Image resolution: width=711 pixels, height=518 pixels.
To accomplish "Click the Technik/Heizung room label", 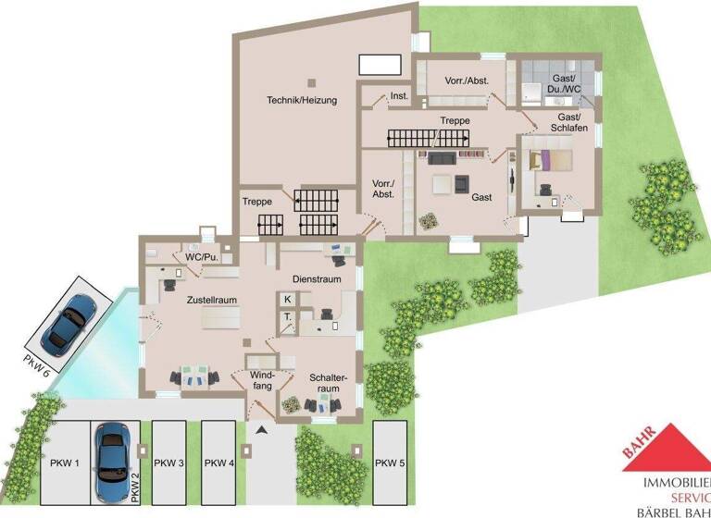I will (x=302, y=100).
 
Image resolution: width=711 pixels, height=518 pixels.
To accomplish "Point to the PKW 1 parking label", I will (x=65, y=462).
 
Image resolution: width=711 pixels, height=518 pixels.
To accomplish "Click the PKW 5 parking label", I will (x=391, y=462).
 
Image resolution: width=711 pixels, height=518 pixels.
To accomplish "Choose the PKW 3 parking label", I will (x=169, y=462).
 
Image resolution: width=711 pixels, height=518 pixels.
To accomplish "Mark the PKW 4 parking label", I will (x=219, y=462).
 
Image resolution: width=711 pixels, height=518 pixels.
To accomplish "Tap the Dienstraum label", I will (x=318, y=278).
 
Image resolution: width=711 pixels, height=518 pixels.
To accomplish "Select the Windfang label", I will (x=262, y=379).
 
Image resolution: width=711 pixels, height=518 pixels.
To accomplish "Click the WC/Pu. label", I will (x=201, y=256).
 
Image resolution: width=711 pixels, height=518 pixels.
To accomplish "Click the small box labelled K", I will (x=288, y=299).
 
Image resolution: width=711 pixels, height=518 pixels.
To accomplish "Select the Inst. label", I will (x=399, y=96).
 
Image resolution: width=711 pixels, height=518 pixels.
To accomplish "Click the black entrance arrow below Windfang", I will (x=262, y=430).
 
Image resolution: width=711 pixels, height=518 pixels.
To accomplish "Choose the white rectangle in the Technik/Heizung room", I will (x=380, y=65).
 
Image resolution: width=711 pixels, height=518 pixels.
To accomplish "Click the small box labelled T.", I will (x=288, y=317).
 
